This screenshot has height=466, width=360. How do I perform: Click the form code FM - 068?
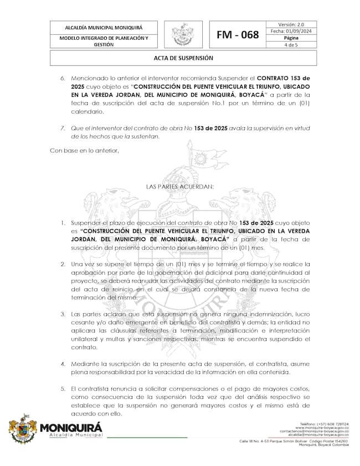(x=238, y=35)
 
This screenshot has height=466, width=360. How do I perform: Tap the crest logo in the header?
(x=182, y=34)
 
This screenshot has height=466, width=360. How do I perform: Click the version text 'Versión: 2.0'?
(x=291, y=24)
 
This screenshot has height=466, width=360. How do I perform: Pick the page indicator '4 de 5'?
(x=291, y=45)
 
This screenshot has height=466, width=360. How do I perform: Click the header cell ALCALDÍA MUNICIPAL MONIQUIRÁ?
(x=104, y=27)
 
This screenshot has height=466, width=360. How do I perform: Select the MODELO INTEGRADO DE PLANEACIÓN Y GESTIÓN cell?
(x=104, y=41)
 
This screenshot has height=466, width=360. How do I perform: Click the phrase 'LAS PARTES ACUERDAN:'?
(x=179, y=187)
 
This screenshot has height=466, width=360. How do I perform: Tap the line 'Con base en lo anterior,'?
(x=84, y=150)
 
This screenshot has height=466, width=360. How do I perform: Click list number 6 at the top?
(x=63, y=79)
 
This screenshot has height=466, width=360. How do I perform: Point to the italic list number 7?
(x=63, y=128)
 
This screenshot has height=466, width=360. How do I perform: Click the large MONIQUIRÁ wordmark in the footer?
(x=71, y=427)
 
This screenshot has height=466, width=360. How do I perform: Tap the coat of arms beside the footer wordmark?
(x=22, y=428)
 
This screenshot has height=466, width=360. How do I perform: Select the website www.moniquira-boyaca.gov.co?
(x=321, y=428)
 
